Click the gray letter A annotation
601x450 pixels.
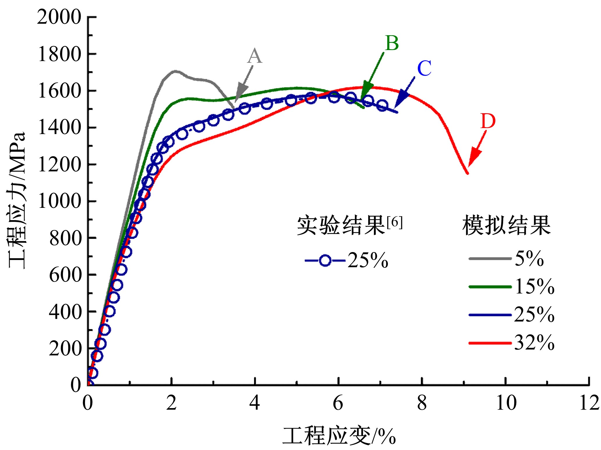click(x=254, y=56)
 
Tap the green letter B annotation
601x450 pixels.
click(x=392, y=43)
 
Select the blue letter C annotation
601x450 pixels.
click(x=424, y=69)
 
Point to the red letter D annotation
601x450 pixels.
click(x=487, y=121)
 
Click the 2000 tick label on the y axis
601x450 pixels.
click(x=59, y=17)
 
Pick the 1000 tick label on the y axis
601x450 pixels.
click(x=59, y=201)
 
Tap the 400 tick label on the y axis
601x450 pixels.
click(x=65, y=311)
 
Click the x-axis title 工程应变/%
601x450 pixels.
click(x=339, y=436)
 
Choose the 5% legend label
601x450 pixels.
click(x=529, y=258)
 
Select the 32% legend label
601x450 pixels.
click(x=534, y=343)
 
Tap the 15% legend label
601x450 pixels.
click(x=534, y=286)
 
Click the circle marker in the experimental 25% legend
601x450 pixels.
click(x=325, y=260)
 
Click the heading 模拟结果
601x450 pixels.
click(x=506, y=225)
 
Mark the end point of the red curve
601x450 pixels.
click(x=468, y=173)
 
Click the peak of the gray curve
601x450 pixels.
click(x=175, y=71)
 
